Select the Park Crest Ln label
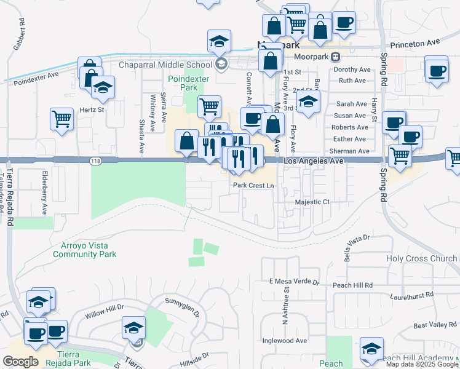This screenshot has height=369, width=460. click(x=253, y=185)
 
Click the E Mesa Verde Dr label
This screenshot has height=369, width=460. click(x=295, y=282)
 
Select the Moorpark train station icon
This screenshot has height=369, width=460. click(x=336, y=57)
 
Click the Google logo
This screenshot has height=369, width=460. click(x=20, y=362)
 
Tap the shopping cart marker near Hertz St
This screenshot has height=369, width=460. click(x=61, y=119)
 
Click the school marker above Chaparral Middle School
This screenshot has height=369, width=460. click(x=219, y=41)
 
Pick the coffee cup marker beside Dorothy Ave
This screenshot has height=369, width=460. click(x=437, y=70)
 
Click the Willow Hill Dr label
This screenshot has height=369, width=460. click(x=105, y=314)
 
